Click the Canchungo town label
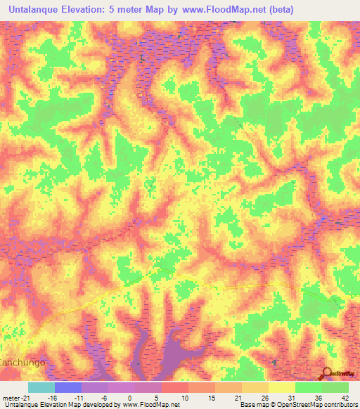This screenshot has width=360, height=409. tap(22, 363)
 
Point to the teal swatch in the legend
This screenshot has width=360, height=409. tap(41, 387)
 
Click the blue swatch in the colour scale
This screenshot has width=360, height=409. tap(68, 387)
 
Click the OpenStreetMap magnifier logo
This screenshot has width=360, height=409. tap(328, 374)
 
